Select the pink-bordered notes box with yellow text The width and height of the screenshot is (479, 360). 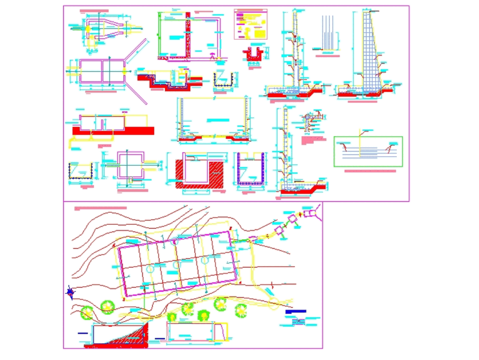coord(250,24)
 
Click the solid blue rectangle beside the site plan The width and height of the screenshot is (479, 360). coord(295,312)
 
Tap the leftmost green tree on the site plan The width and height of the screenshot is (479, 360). coord(87,313)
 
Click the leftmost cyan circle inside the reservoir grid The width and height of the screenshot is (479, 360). coord(150,270)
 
